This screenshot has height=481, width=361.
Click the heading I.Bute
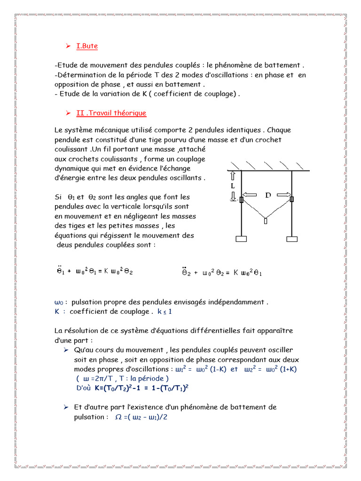[87, 46]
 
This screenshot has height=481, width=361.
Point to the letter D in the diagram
[268, 195]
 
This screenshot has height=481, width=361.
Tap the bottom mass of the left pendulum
[241, 239]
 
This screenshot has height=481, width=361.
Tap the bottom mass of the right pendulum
[291, 239]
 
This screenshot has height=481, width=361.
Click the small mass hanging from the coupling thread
[267, 221]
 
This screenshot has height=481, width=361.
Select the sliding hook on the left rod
[241, 200]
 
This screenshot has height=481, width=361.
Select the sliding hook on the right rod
[291, 199]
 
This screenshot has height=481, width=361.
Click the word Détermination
[78, 75]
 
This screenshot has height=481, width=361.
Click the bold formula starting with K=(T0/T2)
[141, 388]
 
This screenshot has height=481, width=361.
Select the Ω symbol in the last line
[118, 417]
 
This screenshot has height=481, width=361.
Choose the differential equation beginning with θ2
[221, 272]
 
